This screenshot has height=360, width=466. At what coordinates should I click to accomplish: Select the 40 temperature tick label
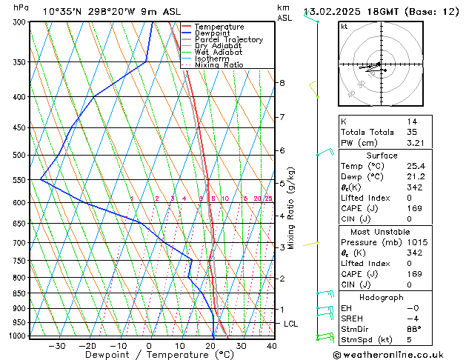[x=271, y=345]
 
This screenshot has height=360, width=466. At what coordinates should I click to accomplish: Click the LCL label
[x=291, y=324]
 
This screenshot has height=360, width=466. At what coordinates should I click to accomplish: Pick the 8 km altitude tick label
[x=282, y=83]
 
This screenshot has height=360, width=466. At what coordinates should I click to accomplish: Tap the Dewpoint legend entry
[x=214, y=33]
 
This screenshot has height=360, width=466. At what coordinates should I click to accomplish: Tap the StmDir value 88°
[x=414, y=329]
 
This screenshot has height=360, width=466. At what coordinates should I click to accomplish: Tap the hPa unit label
[x=21, y=8]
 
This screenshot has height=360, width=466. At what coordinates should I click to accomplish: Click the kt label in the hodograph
[x=344, y=26]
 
